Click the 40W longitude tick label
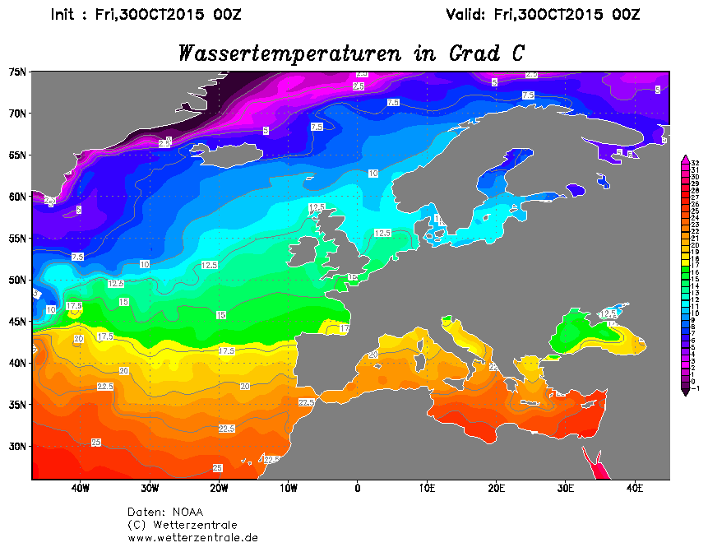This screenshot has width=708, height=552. [x=80, y=488]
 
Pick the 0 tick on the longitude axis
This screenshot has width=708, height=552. [x=357, y=488]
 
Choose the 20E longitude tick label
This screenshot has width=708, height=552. [x=496, y=488]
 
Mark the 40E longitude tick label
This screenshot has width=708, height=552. [x=635, y=488]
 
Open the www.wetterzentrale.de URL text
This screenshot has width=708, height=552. [x=192, y=538]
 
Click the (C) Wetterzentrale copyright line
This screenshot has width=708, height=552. [x=182, y=525]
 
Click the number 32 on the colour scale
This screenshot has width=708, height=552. [x=695, y=162]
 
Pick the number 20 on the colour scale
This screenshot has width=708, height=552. [x=695, y=245]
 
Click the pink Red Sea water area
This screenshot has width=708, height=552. [x=596, y=465]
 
